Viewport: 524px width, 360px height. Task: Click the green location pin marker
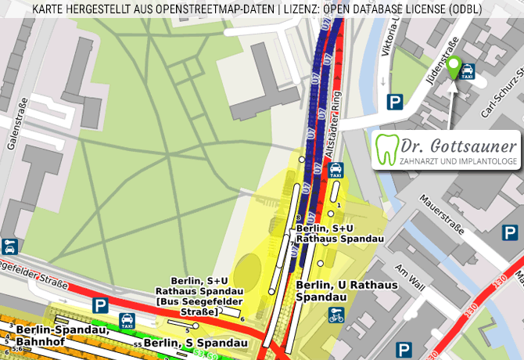(x=453, y=66)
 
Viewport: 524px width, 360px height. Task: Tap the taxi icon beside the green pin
(x=468, y=72)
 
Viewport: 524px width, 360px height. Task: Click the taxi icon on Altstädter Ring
(x=335, y=171)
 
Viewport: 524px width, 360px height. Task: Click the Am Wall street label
(x=411, y=278)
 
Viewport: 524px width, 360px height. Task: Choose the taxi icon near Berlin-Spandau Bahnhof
(x=127, y=321)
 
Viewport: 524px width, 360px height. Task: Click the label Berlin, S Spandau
(x=196, y=343)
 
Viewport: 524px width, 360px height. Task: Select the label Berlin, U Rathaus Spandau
(x=347, y=291)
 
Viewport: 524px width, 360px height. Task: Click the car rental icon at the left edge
(x=9, y=247)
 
